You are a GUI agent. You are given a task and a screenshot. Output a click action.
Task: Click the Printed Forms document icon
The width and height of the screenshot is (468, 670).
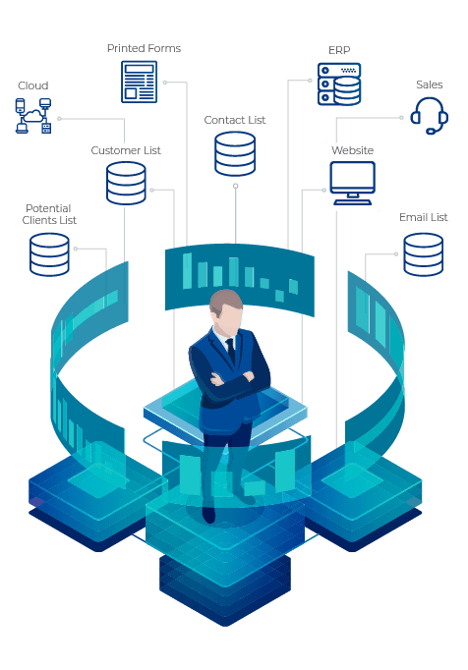click(x=139, y=82)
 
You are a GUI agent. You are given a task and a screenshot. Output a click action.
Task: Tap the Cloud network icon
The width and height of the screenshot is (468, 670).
click(x=33, y=115)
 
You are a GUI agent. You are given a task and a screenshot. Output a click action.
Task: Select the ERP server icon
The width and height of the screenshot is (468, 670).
click(x=339, y=84)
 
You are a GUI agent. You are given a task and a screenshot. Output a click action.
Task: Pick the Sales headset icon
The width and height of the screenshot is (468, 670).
click(x=429, y=115)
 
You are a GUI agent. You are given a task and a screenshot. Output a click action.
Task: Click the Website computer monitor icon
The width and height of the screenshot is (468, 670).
click(x=353, y=183)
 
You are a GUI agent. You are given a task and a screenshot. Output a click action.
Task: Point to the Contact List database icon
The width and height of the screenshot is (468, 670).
click(x=235, y=154)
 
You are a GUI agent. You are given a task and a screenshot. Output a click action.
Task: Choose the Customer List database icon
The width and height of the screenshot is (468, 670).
click(x=126, y=183)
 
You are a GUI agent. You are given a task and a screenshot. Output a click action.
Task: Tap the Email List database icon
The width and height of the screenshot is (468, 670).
click(x=423, y=254)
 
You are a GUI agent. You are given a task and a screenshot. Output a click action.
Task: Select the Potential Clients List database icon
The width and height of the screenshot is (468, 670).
click(x=49, y=254)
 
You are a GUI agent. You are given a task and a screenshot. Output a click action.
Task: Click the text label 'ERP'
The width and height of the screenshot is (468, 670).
click(x=339, y=50)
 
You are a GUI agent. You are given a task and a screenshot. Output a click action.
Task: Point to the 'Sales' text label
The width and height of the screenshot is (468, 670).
click(x=429, y=84)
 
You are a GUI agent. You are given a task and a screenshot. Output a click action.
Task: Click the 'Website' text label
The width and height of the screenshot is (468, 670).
click(x=353, y=150)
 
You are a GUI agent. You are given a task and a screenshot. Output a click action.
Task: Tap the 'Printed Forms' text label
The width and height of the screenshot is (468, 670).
click(x=144, y=48)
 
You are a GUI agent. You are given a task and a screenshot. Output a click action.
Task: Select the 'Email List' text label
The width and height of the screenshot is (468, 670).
click(x=423, y=217)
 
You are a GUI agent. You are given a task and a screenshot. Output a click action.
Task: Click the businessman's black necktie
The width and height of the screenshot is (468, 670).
click(x=231, y=351)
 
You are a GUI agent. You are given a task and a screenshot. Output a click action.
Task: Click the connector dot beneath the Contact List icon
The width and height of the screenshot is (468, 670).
click(x=235, y=186)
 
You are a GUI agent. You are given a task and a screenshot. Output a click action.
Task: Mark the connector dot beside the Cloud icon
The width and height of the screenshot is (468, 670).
click(x=59, y=118)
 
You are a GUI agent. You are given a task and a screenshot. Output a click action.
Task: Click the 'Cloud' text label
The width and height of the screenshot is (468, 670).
click(x=33, y=85)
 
